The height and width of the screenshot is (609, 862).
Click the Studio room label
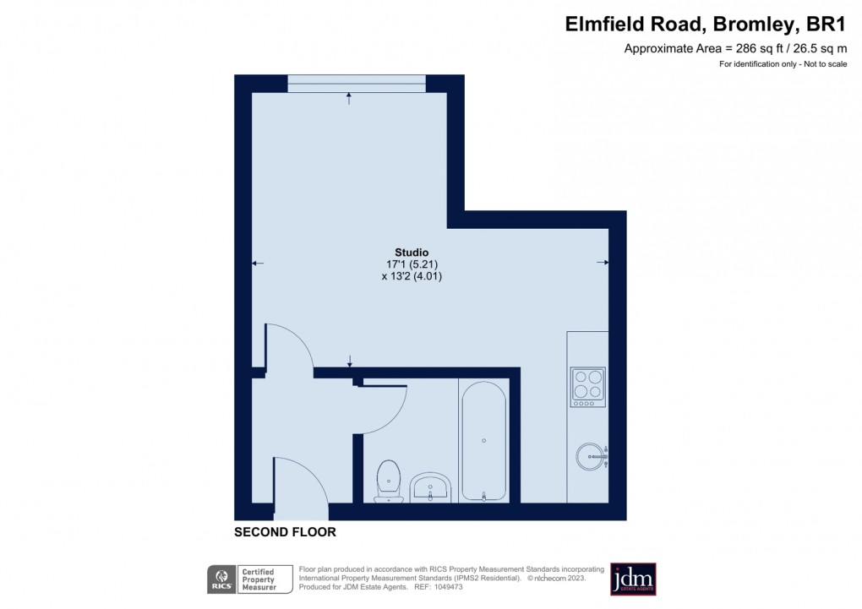412,253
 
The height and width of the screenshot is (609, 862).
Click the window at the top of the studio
356,83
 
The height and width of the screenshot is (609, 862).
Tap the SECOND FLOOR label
285,532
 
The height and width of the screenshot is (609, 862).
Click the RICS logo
222,579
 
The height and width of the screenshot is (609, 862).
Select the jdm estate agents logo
633,579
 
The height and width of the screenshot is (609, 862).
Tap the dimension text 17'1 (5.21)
412,264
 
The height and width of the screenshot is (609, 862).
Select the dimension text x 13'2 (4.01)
412,276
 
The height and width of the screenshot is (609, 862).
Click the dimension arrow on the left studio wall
258,264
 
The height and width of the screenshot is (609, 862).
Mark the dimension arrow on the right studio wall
603,263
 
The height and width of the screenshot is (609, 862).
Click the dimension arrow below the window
349,99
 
